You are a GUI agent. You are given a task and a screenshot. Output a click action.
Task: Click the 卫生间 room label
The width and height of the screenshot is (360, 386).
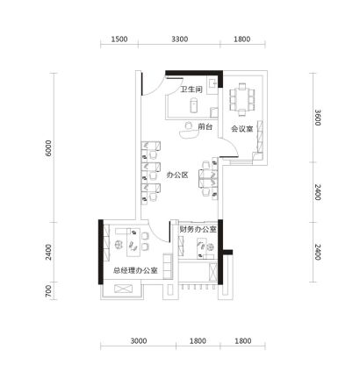(x=191, y=89)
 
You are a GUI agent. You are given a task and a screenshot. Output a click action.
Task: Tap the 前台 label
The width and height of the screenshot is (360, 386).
(x=205, y=127)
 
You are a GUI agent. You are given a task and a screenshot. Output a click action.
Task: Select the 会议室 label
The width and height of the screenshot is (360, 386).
(x=242, y=129)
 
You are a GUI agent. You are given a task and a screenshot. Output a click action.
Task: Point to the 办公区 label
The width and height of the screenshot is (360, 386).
(x=177, y=175)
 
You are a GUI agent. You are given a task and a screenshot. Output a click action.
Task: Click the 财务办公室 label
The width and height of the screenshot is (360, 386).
(x=198, y=230)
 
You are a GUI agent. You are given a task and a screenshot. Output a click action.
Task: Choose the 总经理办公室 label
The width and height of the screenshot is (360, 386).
(x=135, y=270)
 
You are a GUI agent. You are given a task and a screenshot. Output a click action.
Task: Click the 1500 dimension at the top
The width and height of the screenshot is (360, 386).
(x=119, y=39)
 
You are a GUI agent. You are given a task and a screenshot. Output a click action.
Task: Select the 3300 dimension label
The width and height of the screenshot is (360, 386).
(x=180, y=39)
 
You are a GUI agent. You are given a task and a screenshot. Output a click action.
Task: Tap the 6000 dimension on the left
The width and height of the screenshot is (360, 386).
(x=48, y=148)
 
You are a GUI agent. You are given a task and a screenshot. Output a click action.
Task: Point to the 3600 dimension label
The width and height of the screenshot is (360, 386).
(x=318, y=118)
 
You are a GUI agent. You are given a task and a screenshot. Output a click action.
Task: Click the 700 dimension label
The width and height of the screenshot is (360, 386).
(x=48, y=291)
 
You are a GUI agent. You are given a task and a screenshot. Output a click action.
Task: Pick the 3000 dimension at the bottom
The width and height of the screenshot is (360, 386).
(x=139, y=341)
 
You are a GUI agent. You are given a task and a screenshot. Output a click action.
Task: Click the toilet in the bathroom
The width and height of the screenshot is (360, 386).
(x=194, y=105)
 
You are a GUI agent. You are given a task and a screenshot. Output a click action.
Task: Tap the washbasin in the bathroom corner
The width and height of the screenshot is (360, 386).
(x=212, y=85)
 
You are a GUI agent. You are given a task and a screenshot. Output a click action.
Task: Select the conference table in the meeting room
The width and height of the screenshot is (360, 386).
(x=242, y=99)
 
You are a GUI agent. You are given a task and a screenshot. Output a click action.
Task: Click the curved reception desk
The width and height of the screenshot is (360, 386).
(x=189, y=133)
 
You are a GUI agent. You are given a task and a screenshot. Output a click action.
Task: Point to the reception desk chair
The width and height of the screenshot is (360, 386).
(x=189, y=125)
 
